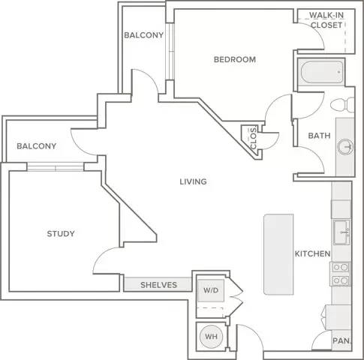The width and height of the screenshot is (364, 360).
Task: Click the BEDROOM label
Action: click(x=235, y=59)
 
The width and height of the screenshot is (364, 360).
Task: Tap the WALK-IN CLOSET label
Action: click(x=326, y=20)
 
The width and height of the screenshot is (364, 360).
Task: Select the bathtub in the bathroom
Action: click(x=322, y=72)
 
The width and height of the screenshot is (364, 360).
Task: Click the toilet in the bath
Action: click(x=342, y=105)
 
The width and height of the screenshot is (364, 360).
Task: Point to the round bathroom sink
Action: click(x=345, y=147)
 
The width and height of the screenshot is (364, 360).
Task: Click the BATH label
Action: click(x=319, y=136)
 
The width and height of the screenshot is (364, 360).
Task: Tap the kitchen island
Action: click(x=278, y=254)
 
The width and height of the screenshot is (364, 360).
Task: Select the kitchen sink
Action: click(x=341, y=232)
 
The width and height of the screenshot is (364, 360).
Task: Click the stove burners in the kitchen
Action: click(x=341, y=274)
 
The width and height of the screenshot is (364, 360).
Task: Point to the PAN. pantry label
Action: click(x=341, y=340)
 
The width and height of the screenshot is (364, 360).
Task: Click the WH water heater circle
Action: click(x=211, y=337)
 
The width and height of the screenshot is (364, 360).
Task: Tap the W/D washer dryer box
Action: click(x=211, y=290)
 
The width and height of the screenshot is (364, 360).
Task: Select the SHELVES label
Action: click(x=158, y=285)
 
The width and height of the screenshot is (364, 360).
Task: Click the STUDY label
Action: click(x=61, y=234)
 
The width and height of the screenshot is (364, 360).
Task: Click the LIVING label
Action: click(x=193, y=181)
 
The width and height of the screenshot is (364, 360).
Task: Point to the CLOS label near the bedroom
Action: click(x=254, y=139)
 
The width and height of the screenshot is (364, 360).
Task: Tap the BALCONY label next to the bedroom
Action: click(x=144, y=35)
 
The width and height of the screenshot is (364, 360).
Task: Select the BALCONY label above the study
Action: click(x=37, y=146)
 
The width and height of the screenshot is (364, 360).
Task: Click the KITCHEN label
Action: click(x=312, y=253)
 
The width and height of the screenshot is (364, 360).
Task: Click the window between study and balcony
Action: click(x=55, y=166)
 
